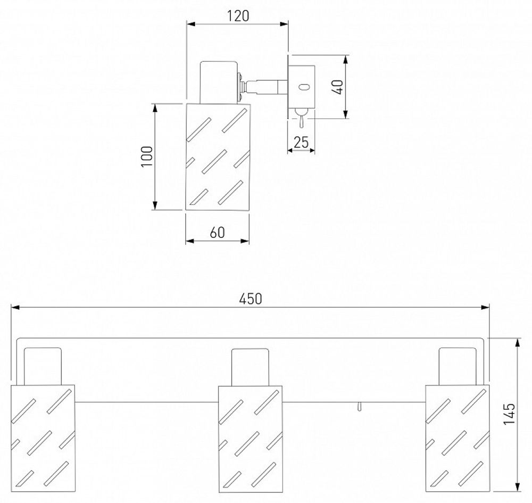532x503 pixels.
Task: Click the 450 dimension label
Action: [x=250, y=299]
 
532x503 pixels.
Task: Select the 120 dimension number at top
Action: [x=238, y=16]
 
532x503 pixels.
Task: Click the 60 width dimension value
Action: [x=217, y=233]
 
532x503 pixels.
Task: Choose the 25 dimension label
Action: [x=302, y=143]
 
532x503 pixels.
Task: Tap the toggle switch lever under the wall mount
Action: [x=301, y=120]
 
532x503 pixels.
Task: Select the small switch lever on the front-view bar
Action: [x=360, y=407]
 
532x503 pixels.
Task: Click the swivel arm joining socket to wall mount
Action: [x=263, y=84]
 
